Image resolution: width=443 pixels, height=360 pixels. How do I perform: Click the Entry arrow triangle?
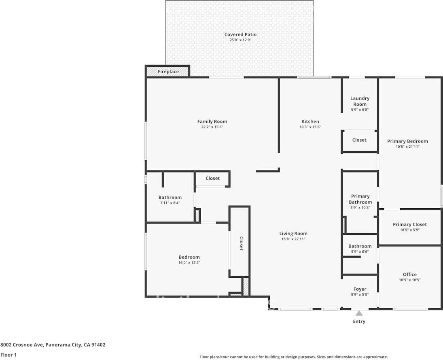[359, 313]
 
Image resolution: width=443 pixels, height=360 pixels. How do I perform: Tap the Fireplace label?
[168, 72]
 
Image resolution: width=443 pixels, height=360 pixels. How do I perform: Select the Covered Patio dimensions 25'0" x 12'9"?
[240, 40]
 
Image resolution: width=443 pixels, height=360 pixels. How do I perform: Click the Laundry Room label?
[360, 101]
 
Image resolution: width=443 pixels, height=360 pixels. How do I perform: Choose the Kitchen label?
[310, 121]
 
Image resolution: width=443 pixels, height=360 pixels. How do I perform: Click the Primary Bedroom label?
[407, 141]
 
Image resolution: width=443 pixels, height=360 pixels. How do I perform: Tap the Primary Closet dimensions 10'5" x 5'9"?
[409, 230]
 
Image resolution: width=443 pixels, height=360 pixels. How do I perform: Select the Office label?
[409, 274]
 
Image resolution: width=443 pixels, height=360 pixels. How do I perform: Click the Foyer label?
[360, 289]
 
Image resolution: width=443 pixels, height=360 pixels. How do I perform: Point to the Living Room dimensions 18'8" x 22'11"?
[293, 239]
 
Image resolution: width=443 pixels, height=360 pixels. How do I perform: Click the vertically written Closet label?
[241, 244]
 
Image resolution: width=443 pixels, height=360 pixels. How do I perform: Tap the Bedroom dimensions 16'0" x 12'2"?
[189, 262]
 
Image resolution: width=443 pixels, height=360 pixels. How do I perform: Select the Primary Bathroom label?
[360, 199]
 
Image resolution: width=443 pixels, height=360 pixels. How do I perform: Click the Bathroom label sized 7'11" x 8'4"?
[170, 198]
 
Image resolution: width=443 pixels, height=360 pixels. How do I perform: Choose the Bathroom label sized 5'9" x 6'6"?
[360, 246]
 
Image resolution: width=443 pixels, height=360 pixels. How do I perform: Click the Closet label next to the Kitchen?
[359, 140]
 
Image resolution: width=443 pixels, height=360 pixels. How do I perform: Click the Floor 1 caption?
[9, 355]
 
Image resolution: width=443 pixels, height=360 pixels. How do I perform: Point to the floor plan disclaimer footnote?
[293, 357]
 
